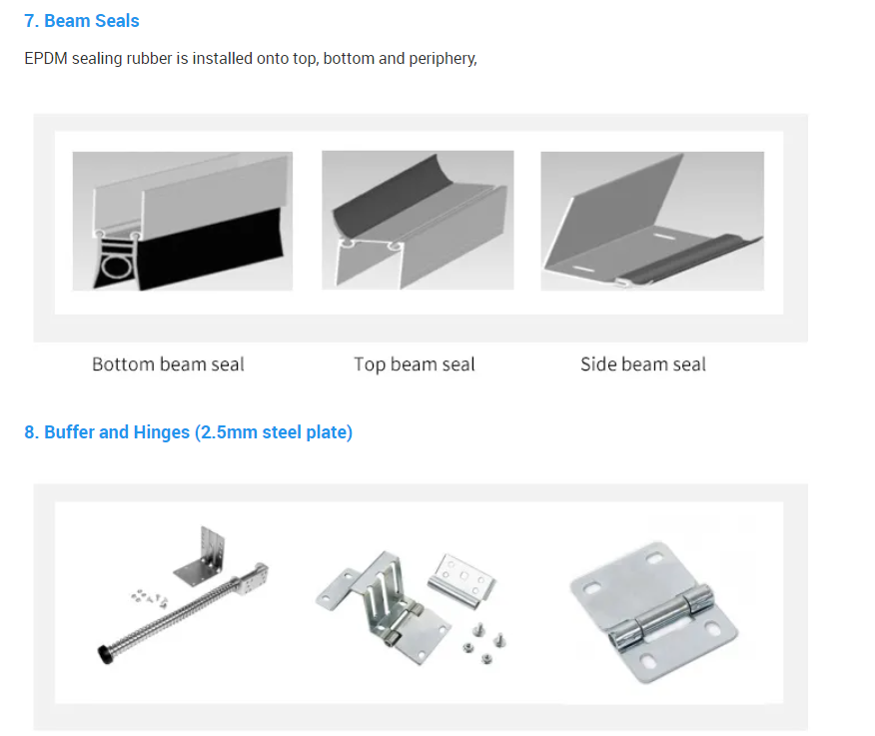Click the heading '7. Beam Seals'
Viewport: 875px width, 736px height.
82,21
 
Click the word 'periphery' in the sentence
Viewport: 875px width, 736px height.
441,59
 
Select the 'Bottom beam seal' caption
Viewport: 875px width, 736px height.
168,365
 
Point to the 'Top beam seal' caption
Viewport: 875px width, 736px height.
415,365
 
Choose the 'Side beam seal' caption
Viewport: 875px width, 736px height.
643,365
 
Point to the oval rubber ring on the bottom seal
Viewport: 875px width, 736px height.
117,268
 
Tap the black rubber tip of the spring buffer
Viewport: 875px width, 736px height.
104,654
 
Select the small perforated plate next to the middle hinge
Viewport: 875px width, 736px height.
462,579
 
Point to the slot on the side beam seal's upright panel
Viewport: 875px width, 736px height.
664,237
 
